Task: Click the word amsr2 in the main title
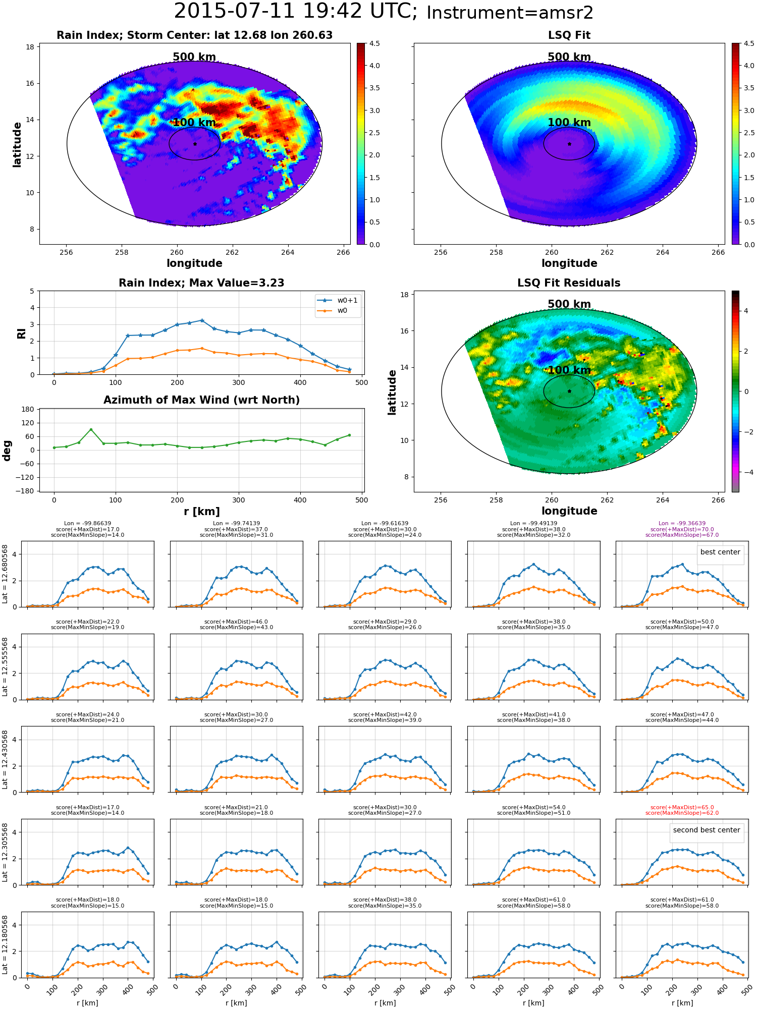[x=565, y=13]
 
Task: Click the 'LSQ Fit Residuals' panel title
[x=569, y=283]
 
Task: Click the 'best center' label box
[x=720, y=552]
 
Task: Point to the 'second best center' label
[x=707, y=830]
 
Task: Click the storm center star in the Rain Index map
[x=195, y=144]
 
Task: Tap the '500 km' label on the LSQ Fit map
[x=569, y=57]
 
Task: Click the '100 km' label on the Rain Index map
[x=194, y=123]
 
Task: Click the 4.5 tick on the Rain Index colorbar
[x=374, y=43]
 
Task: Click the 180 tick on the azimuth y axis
[x=28, y=409]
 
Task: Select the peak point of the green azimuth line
[x=91, y=429]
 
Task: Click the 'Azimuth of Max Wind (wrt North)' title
[x=201, y=400]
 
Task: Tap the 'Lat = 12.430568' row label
[x=5, y=759]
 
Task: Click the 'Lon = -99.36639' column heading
[x=682, y=524]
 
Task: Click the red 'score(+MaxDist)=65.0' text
[x=682, y=807]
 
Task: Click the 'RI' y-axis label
[x=21, y=333]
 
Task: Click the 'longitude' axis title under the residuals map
[x=569, y=511]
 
